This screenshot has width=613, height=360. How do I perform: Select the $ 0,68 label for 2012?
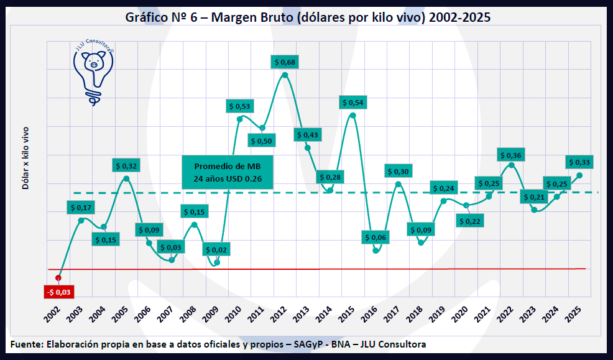[x=285, y=62]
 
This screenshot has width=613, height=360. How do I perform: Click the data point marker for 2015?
[x=353, y=115]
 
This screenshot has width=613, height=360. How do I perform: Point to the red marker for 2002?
[x=58, y=277]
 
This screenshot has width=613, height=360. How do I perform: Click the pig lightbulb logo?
[x=94, y=72]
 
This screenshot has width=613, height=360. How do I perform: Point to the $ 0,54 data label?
[x=353, y=102]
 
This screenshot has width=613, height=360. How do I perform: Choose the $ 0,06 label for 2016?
[x=375, y=237]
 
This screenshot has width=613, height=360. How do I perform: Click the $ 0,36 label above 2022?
[x=511, y=155]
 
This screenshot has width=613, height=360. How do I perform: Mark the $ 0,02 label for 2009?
[x=216, y=250]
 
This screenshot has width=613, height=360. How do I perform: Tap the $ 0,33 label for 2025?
[x=579, y=162]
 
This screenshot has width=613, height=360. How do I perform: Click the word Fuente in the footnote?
[x=27, y=344]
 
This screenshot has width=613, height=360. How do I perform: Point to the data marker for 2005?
[x=126, y=178]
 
